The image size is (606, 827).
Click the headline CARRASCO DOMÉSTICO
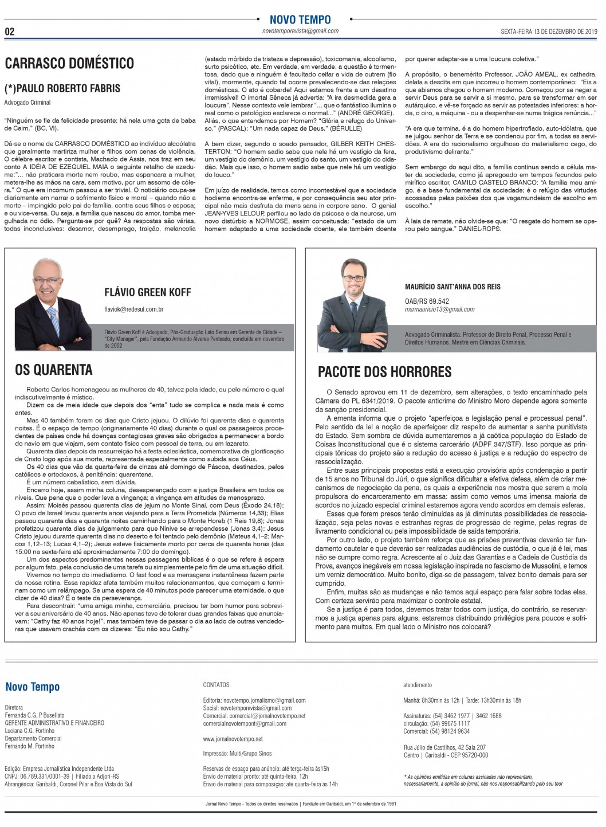point(69,64)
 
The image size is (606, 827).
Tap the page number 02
point(10,32)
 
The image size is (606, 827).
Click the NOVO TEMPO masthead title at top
point(300,20)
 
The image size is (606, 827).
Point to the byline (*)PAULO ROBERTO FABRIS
point(62,88)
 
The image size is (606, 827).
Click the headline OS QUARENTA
point(54,370)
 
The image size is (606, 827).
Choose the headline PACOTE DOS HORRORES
point(384,372)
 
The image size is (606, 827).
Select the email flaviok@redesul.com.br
point(134,309)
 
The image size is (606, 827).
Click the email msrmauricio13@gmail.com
point(439,309)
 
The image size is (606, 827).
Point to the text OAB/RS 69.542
point(427,301)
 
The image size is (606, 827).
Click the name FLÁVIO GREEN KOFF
point(147,292)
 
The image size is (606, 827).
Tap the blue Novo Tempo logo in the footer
point(32,687)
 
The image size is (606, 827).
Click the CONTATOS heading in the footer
point(216,685)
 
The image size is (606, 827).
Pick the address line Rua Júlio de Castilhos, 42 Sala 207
point(444,747)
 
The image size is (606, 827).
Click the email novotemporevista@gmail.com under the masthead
point(300,32)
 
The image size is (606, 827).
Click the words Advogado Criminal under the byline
point(27,103)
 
